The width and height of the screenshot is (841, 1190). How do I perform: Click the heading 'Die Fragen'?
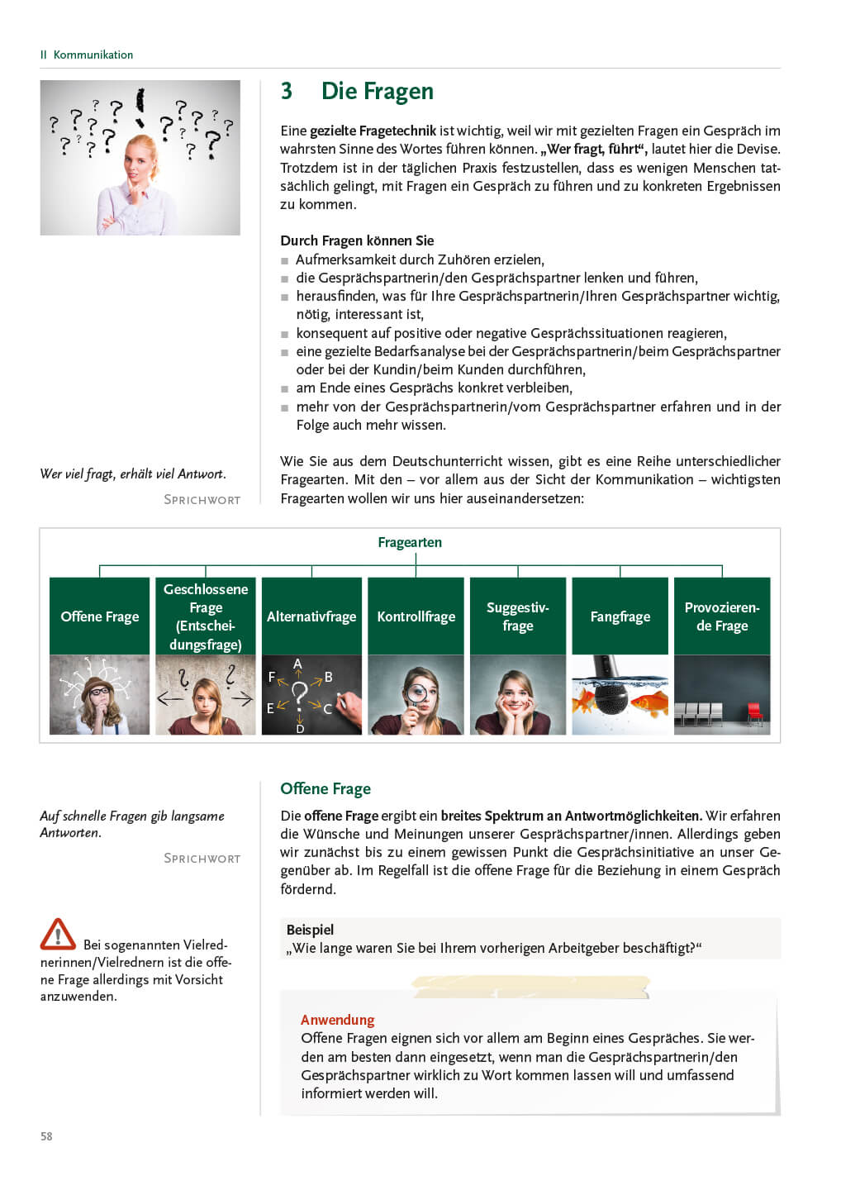coord(377,91)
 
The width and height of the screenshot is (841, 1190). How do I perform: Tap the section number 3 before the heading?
coord(287,91)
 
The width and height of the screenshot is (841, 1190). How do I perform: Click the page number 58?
coord(46,1136)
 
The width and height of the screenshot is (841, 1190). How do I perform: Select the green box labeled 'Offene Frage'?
coord(100,616)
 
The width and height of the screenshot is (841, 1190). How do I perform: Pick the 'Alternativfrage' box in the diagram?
coord(311,616)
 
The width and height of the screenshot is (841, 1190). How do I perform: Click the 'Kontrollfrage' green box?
coord(416,616)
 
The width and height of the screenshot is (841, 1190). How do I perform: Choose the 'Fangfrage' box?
coord(620,616)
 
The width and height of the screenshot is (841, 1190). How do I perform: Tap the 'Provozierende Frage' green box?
coord(722,616)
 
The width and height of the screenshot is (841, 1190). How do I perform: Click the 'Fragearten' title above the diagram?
coord(410,542)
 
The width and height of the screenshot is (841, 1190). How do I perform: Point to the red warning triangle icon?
coord(58,935)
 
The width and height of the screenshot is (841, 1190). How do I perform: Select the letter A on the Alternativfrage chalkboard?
coord(298,664)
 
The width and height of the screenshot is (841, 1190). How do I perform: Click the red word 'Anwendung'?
coord(337,1020)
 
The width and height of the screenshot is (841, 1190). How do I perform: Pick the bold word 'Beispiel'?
coord(310,930)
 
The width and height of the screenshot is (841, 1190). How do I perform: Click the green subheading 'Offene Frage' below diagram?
coord(325,788)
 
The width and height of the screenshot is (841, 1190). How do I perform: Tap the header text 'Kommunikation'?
coord(93,55)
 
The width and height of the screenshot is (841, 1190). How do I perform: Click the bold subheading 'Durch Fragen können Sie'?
coord(357,240)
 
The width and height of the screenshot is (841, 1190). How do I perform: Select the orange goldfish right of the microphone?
coord(649,703)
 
